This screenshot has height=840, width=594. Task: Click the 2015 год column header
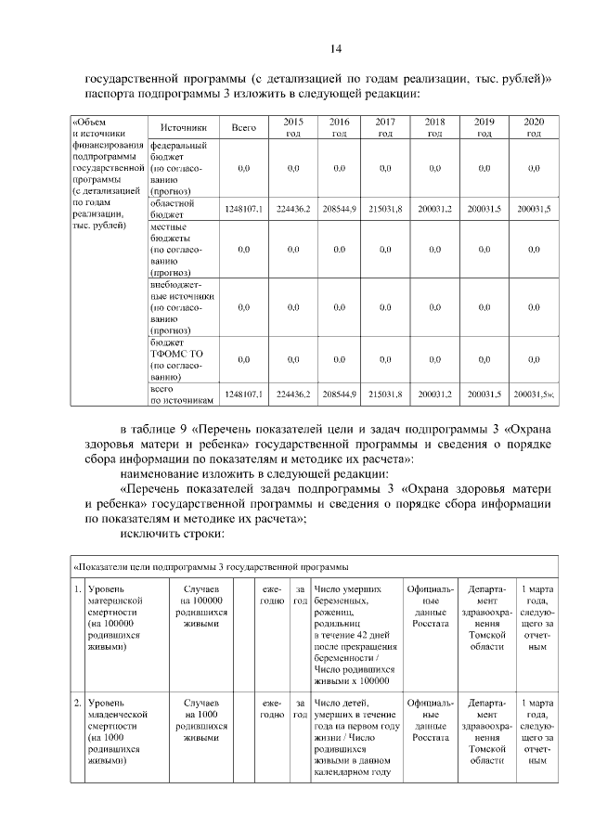click(292, 127)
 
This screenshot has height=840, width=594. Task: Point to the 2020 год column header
click(534, 127)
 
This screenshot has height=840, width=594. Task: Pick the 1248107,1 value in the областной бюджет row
click(244, 209)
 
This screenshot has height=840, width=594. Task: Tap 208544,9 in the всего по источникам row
click(340, 394)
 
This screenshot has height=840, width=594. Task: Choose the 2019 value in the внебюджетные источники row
click(484, 307)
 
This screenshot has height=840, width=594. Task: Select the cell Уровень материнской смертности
click(116, 618)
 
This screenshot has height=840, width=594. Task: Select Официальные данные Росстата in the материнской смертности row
click(430, 607)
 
